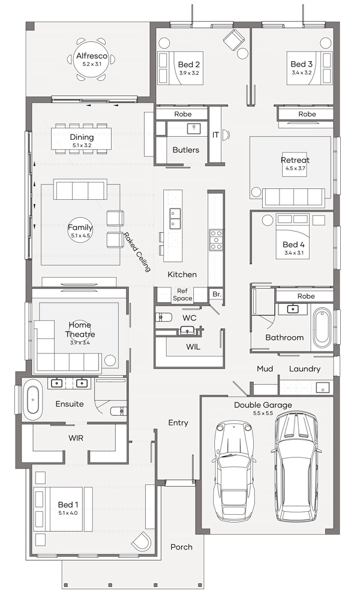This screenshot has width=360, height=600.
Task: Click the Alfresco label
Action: coord(91,56)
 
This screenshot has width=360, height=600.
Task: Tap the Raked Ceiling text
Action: coord(137,252)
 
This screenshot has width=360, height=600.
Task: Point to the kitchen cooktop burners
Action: coord(216,240)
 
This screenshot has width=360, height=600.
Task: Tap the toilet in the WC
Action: coord(163,316)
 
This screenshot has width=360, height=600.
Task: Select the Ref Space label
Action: coord(182,295)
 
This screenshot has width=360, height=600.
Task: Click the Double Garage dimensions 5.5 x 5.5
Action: coord(263,413)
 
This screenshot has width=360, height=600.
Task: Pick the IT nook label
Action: coord(216,134)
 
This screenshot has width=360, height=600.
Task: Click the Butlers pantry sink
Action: coord(194,128)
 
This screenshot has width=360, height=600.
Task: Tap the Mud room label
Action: coord(265,368)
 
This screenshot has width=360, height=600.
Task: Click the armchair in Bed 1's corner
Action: coord(142,541)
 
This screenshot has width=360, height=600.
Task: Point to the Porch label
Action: coord(181,547)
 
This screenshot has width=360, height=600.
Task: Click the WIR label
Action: coord(76,438)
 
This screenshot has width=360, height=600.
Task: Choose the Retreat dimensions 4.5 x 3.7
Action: coord(295,168)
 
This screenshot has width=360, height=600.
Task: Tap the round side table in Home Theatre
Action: coord(110,361)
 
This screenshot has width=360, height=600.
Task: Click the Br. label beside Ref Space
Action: coord(217,294)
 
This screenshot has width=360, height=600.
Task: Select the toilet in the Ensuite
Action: coord(119,411)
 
